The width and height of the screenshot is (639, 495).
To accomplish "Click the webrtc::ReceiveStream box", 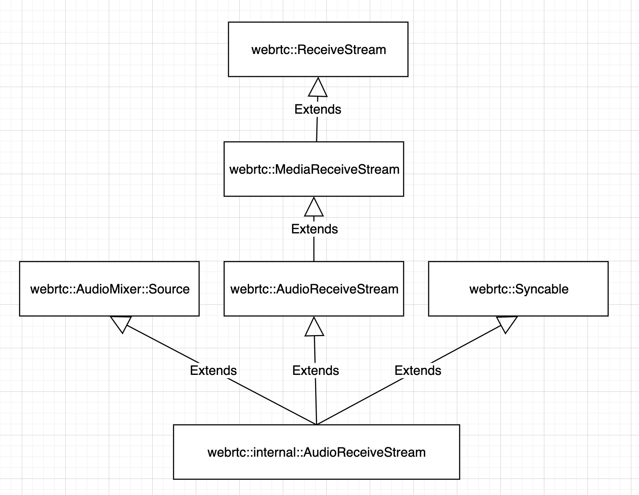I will point(318,49).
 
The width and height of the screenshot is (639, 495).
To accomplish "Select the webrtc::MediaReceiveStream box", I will point(313,169).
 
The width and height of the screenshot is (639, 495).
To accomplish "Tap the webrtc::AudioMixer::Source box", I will point(109,289).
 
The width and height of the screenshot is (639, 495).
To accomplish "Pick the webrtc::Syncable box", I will point(518,289).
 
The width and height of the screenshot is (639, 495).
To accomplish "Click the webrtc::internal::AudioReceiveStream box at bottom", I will point(316,452).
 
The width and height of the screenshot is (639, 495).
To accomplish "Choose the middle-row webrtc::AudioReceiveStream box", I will point(313,289).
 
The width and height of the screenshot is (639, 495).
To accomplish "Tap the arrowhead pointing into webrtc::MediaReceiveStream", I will point(314,207).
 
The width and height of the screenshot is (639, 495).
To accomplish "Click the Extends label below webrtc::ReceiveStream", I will point(317,109).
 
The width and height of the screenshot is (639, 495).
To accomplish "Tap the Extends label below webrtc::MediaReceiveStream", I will point(314,229).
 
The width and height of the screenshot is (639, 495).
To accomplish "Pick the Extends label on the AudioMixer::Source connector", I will point(213,370).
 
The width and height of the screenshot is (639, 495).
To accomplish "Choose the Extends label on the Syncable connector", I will point(418,370).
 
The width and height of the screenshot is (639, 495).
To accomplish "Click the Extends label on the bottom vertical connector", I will point(315,370).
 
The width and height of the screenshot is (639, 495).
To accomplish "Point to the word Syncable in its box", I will point(541,289).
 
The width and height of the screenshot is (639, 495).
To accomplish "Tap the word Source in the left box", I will point(169,289).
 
